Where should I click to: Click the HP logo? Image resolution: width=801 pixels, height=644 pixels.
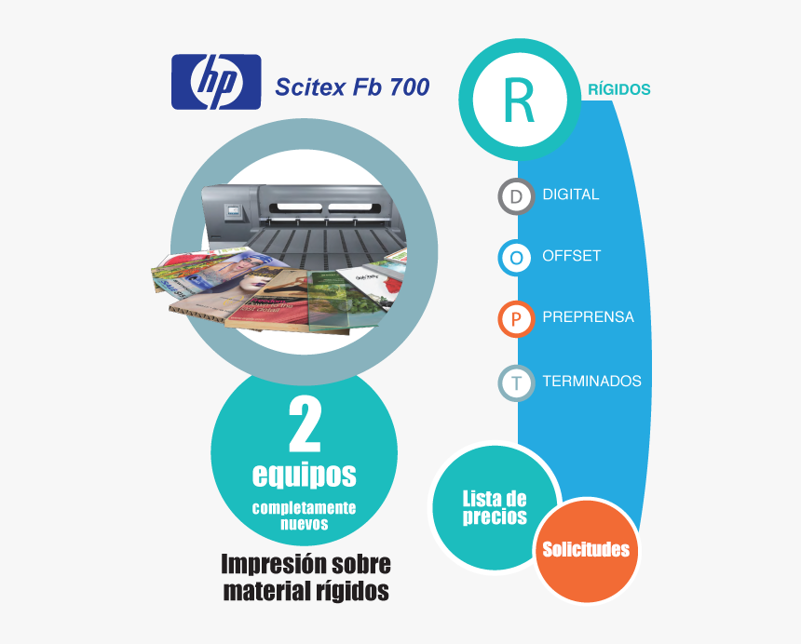click(x=216, y=82)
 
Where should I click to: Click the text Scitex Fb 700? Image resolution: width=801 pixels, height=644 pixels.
click(x=352, y=87)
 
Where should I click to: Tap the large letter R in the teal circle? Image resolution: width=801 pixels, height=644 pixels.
click(x=519, y=101)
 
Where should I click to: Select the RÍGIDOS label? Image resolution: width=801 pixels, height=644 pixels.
click(x=619, y=89)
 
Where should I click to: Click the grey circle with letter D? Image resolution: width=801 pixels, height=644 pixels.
click(x=517, y=196)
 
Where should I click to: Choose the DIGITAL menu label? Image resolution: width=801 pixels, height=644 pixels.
click(x=571, y=195)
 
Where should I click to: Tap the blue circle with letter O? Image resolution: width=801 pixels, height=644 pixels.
click(x=517, y=258)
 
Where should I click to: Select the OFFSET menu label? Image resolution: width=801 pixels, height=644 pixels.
click(x=572, y=256)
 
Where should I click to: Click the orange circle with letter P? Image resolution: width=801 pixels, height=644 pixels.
click(x=517, y=319)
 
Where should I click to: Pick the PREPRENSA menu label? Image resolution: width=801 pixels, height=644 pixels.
click(x=588, y=317)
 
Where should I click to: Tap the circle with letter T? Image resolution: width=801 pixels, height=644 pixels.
click(x=517, y=382)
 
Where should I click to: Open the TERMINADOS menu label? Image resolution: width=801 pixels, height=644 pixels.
click(x=591, y=382)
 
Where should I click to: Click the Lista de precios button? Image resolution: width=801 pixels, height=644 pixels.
click(x=495, y=508)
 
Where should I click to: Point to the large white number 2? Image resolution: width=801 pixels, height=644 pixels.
click(x=305, y=425)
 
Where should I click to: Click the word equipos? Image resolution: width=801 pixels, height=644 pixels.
click(x=305, y=476)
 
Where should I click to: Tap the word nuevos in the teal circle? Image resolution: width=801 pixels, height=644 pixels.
click(x=305, y=524)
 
